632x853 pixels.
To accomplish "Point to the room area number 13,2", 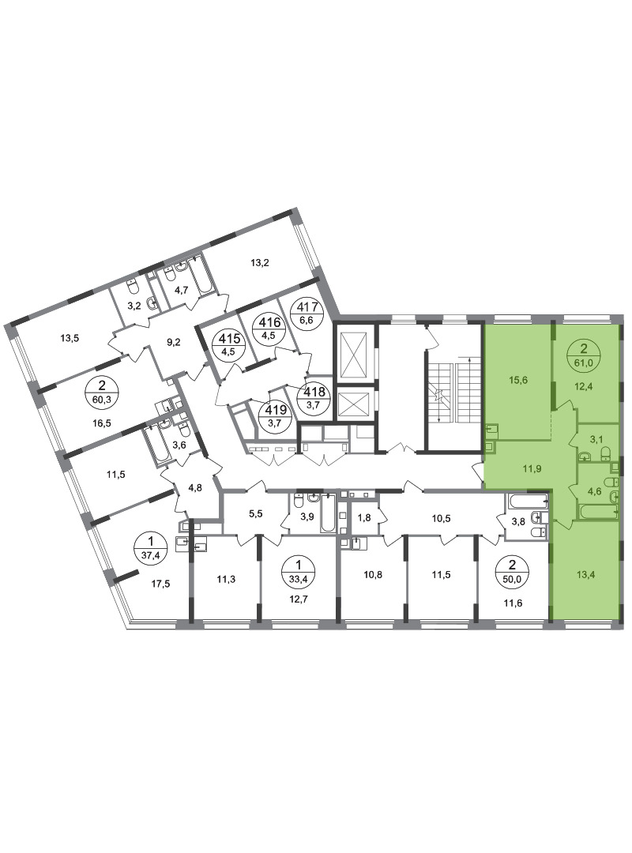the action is [260, 263].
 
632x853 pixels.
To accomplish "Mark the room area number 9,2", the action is [174, 342].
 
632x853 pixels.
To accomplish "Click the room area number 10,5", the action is [441, 518].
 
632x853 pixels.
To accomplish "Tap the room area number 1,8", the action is [364, 518].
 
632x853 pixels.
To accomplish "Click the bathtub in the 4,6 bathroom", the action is [599, 512].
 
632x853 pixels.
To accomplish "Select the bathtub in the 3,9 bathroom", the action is [326, 513].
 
